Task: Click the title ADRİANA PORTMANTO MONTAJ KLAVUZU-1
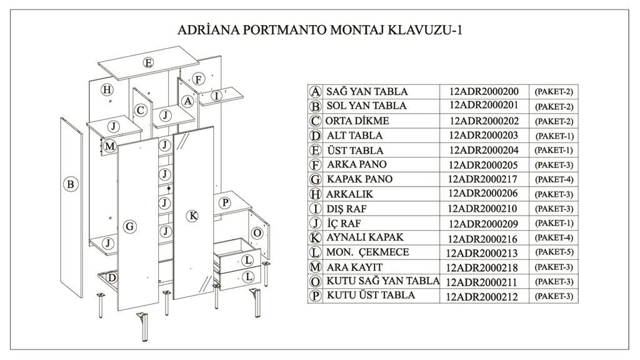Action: tap(319, 30)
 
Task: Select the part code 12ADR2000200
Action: tap(484, 91)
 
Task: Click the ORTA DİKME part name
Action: tap(357, 121)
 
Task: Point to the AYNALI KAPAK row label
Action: tap(365, 237)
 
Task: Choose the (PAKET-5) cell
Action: tap(554, 252)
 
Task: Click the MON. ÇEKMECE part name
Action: tap(367, 252)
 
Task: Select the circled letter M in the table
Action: tap(316, 267)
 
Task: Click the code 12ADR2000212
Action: tap(483, 296)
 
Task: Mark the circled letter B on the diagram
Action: tap(71, 184)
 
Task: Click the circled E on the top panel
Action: tap(148, 62)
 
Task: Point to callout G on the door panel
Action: tap(130, 226)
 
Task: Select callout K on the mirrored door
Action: tap(192, 216)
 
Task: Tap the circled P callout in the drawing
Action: tap(225, 203)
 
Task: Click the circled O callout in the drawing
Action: tap(256, 232)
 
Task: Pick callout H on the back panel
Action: tap(107, 89)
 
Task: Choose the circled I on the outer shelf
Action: tap(216, 96)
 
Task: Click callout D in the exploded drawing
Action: tap(112, 277)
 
